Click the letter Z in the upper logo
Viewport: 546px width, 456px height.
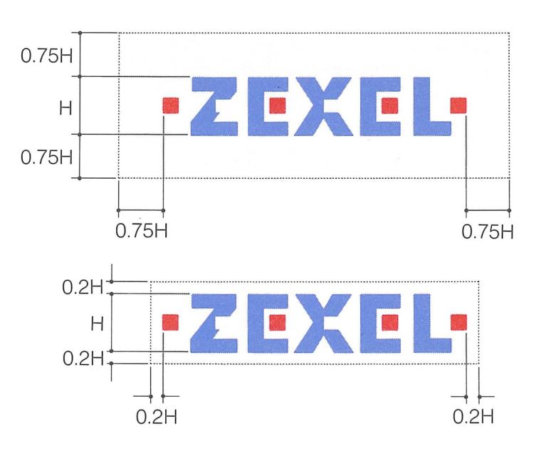216,105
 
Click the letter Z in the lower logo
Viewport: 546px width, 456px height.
216,322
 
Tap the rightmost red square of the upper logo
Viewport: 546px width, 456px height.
458,105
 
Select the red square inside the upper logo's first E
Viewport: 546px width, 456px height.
278,105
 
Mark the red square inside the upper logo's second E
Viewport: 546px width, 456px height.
389,105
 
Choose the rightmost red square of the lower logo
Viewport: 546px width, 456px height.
458,322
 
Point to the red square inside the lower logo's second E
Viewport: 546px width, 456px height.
389,322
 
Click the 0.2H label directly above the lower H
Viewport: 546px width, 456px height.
83,289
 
